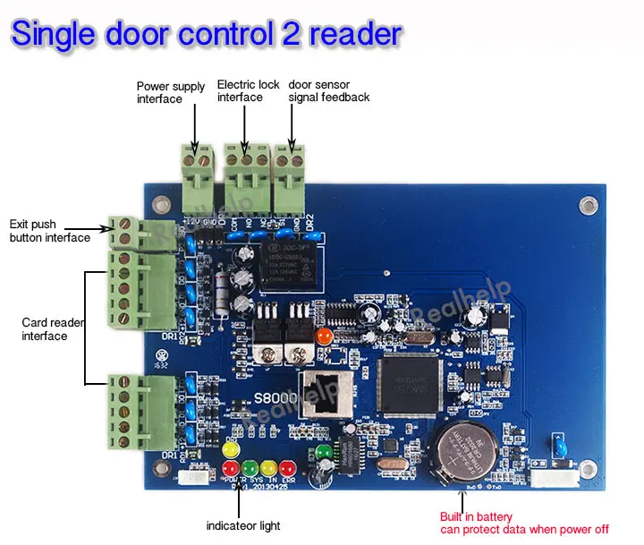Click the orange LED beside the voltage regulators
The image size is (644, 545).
(x=324, y=336)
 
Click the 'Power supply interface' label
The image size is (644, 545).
(x=172, y=93)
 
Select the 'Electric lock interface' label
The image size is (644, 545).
(x=249, y=90)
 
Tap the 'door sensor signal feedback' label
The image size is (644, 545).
(x=328, y=90)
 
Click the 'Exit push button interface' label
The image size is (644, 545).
(x=49, y=231)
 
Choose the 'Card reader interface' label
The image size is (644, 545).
(x=45, y=328)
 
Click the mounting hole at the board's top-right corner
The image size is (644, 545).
(x=588, y=206)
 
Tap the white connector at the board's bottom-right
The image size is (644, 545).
(x=547, y=480)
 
